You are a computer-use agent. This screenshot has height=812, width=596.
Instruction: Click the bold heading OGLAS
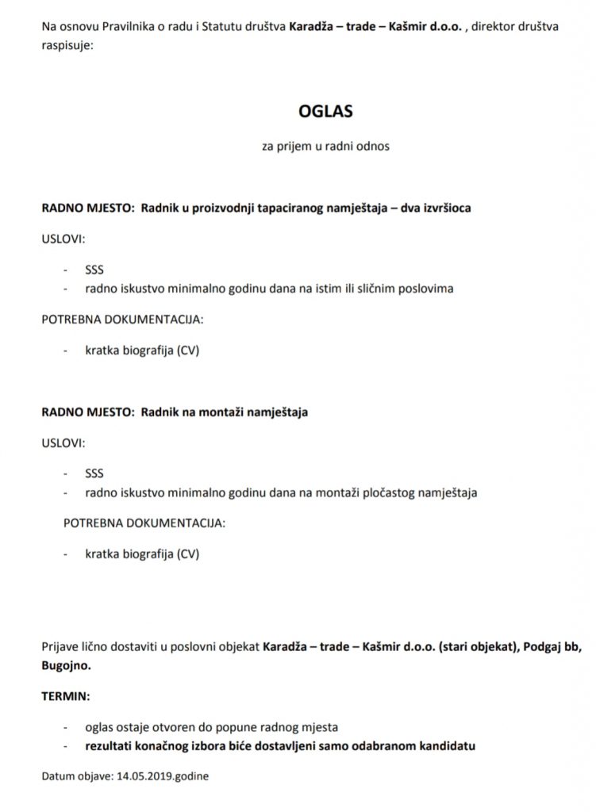(x=325, y=112)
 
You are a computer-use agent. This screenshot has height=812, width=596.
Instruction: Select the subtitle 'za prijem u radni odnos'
(x=325, y=147)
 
